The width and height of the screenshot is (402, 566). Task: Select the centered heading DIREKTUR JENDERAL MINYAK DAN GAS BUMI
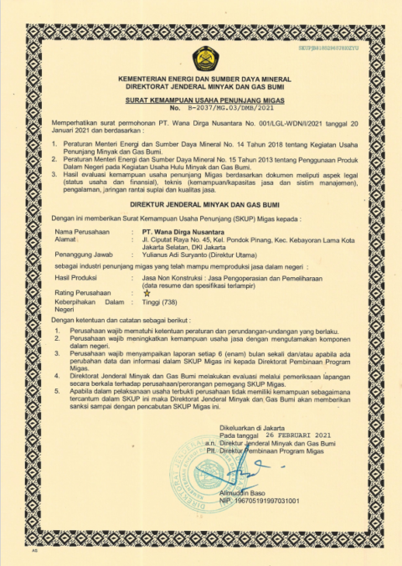point(201,203)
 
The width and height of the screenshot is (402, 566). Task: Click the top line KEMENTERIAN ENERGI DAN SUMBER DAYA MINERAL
point(201,77)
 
